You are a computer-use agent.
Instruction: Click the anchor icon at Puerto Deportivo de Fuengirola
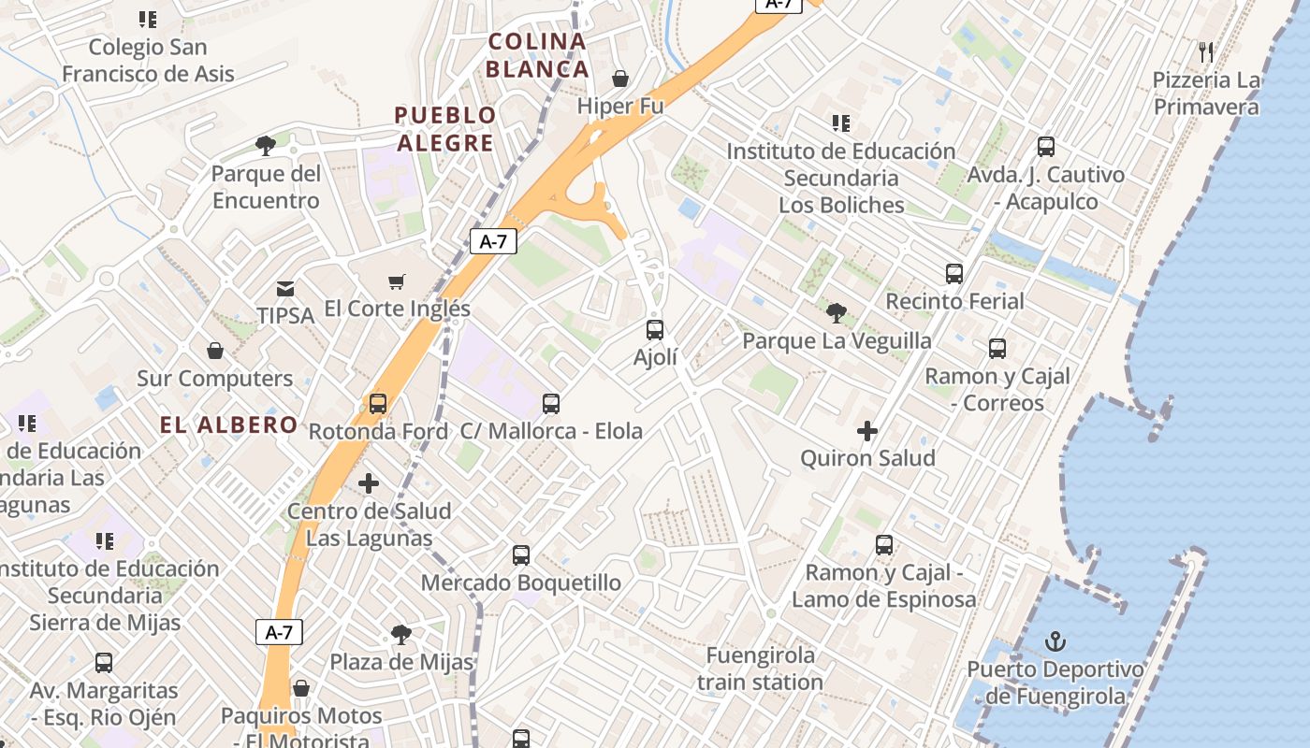click(1055, 641)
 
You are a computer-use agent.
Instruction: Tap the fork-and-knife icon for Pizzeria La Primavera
click(1206, 51)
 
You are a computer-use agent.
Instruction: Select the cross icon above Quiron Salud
click(867, 431)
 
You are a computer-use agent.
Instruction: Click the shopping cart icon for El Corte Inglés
click(397, 281)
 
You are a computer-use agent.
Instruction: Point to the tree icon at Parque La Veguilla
click(836, 312)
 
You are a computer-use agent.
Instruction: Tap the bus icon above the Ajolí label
click(655, 329)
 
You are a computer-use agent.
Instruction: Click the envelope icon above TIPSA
click(285, 289)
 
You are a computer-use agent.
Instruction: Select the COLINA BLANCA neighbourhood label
click(537, 55)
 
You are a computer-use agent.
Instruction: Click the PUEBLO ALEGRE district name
click(444, 129)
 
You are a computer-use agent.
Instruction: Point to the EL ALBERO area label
click(228, 425)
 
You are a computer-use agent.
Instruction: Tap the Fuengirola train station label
click(760, 669)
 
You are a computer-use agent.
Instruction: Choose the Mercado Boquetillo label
click(520, 583)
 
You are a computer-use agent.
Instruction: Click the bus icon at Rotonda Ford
click(377, 403)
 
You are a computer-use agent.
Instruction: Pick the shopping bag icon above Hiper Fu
click(619, 78)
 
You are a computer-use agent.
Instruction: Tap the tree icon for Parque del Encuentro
click(266, 145)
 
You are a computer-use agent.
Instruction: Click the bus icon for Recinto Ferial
click(954, 274)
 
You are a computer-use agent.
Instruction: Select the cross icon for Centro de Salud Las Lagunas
click(369, 483)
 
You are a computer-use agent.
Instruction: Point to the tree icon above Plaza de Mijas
click(401, 635)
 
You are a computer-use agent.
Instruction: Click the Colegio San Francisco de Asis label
click(148, 60)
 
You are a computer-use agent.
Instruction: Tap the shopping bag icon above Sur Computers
click(215, 351)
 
